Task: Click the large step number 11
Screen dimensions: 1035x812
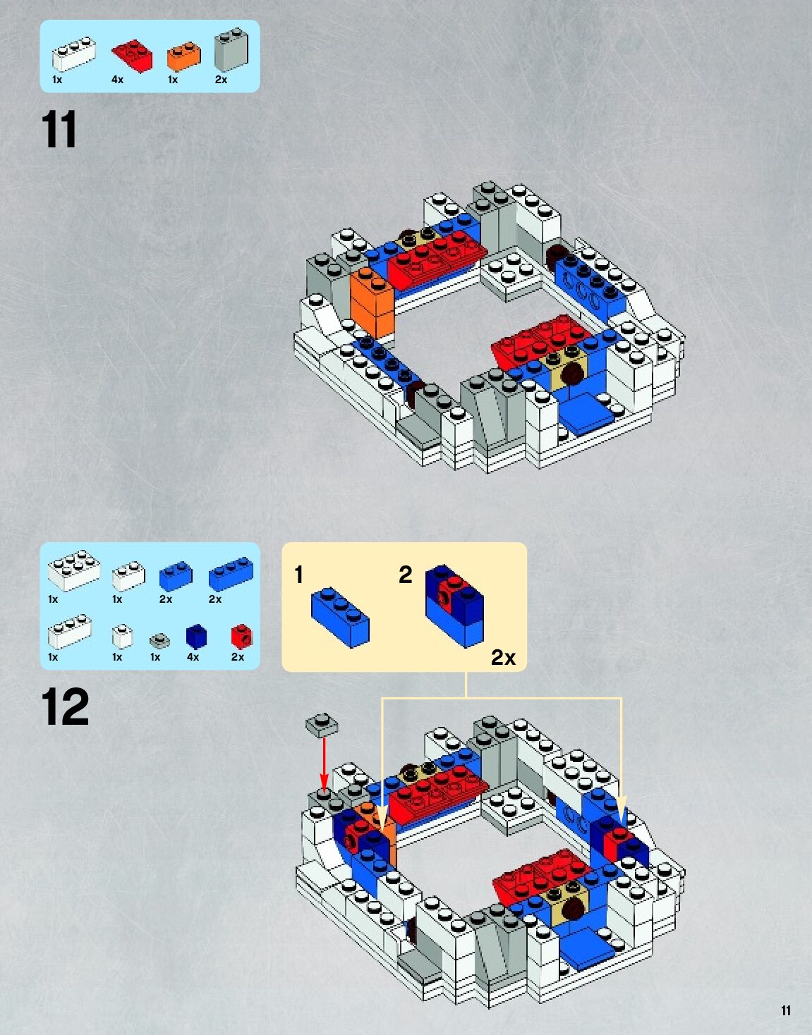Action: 59,130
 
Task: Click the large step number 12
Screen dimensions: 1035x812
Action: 65,707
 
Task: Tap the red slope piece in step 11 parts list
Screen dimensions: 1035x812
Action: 132,55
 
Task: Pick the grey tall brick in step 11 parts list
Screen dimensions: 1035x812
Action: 231,49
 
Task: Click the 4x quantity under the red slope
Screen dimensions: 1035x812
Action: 117,80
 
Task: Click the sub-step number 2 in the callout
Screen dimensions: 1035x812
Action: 405,575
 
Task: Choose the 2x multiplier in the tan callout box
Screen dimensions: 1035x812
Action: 503,657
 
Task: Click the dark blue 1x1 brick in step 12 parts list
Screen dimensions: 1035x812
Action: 196,636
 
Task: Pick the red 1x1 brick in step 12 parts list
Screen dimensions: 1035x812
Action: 241,636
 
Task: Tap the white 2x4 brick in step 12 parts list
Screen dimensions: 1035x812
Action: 73,570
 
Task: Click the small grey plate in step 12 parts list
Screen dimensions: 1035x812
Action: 159,640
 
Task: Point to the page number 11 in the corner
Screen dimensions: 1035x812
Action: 786,1011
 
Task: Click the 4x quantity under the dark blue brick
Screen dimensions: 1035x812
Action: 193,657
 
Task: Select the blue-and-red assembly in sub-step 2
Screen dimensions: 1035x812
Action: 455,604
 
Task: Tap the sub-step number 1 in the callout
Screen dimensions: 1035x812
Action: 299,575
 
